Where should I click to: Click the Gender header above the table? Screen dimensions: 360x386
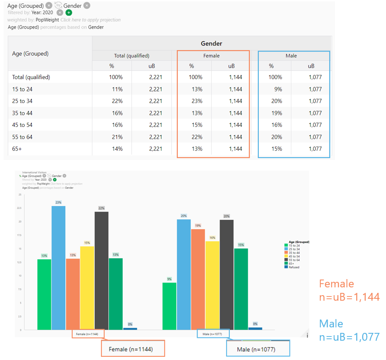point(211,44)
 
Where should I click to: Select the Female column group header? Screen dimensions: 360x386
point(211,56)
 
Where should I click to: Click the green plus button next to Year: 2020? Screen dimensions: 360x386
point(69,12)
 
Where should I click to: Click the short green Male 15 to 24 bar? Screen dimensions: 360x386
point(170,306)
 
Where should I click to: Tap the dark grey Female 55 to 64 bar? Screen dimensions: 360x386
point(102,270)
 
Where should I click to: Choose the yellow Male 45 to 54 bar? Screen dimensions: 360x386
point(212,285)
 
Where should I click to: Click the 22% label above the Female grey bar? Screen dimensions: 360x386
point(102,208)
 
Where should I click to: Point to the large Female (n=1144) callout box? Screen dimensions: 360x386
point(133,349)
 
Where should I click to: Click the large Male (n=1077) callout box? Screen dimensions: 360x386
point(258,349)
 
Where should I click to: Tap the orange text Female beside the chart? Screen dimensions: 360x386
point(336,284)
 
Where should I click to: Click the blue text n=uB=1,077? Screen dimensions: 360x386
point(349,337)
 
